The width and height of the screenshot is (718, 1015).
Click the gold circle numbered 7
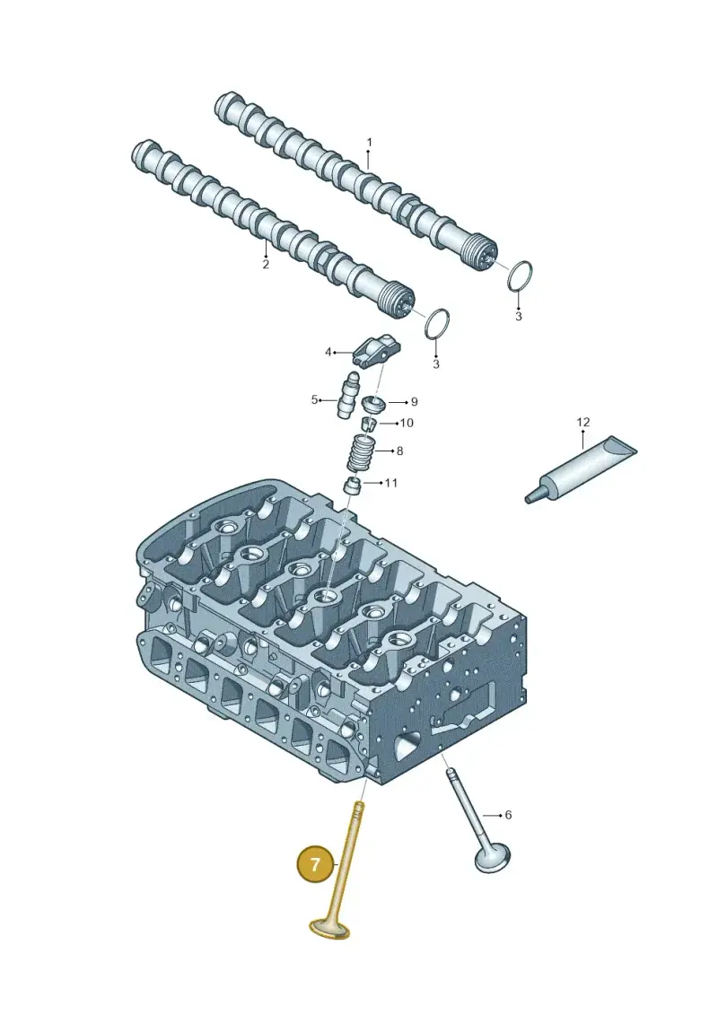315,865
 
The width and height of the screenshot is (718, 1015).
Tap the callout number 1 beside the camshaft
369,142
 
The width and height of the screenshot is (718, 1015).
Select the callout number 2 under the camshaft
266,264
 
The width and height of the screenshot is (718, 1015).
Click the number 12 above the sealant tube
583,422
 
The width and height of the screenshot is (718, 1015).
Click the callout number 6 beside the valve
508,814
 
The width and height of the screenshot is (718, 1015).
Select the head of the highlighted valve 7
329,930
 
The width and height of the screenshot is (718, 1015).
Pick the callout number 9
415,401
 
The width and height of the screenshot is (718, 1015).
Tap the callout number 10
407,423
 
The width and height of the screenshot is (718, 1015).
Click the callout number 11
391,482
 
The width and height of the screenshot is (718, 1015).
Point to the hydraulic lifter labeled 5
347,396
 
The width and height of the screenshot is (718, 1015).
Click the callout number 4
328,352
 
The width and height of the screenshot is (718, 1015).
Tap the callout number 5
315,400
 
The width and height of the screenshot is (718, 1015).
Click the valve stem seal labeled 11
353,486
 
